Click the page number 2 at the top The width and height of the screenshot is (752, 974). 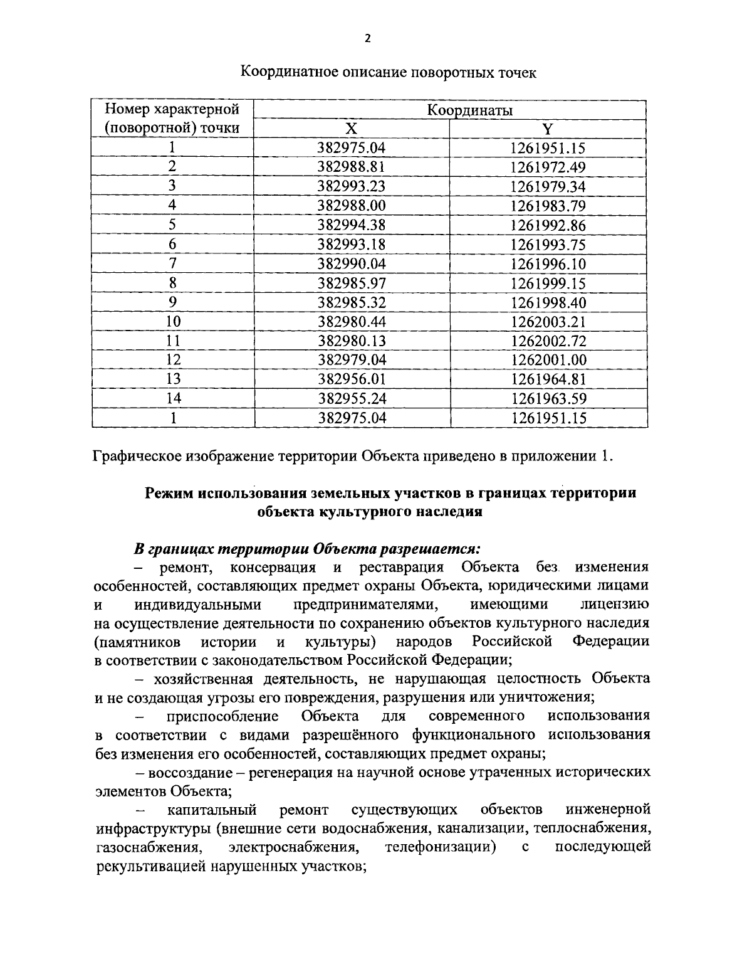coord(368,39)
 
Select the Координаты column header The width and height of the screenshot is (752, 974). coord(469,110)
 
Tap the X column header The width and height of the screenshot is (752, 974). coord(351,129)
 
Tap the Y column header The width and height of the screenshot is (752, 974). coord(548,129)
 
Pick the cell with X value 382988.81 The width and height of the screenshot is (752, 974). coord(351,167)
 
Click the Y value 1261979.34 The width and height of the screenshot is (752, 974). coord(548,187)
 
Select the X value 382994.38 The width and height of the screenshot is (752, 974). coord(351,225)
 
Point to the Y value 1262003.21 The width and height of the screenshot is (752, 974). coord(548,322)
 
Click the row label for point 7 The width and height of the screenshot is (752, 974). coord(172,263)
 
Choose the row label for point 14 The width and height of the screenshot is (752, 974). coord(172,398)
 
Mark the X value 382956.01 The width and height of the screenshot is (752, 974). coord(351,379)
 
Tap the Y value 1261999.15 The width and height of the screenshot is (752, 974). coord(548,283)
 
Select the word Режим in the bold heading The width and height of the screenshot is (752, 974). coord(169,493)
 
